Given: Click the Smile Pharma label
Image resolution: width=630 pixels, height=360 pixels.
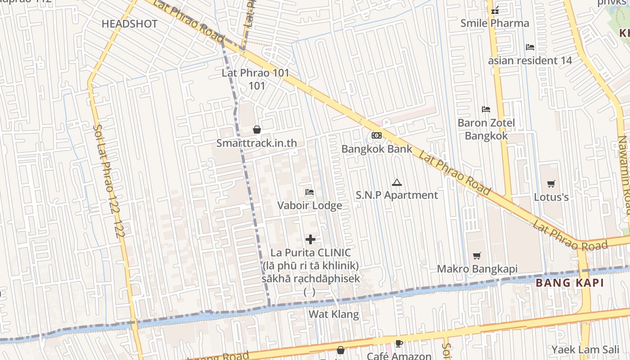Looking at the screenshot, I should (495, 23).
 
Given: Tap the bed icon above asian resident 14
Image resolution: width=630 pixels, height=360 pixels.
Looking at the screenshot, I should (530, 47).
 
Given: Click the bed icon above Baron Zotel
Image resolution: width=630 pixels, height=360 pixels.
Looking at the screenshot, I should (486, 109).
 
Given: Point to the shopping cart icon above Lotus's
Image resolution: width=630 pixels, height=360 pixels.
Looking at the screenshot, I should (551, 184).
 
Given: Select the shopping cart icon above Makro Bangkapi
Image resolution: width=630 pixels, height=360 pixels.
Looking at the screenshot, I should (477, 256).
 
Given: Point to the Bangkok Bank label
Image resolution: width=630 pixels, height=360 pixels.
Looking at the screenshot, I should (377, 149).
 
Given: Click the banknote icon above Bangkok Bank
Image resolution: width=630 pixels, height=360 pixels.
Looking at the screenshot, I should (377, 135).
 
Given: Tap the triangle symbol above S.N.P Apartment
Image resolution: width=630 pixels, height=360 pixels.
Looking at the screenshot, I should (396, 182).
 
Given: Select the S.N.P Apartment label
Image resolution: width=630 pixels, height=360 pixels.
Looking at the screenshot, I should (396, 195).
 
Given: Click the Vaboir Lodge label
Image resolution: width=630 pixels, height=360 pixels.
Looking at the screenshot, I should (310, 206).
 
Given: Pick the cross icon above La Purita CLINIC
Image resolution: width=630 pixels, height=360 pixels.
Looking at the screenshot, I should (310, 239).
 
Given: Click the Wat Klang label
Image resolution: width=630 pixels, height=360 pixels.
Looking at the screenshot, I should (333, 314).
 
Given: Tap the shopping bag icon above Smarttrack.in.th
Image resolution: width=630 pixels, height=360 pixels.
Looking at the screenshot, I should (256, 130).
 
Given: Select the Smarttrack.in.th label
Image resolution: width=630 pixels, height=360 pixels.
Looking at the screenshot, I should (256, 143).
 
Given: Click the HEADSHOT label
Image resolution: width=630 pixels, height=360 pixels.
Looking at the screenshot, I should (130, 24).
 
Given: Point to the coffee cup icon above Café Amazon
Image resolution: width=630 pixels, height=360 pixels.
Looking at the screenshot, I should (399, 344).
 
